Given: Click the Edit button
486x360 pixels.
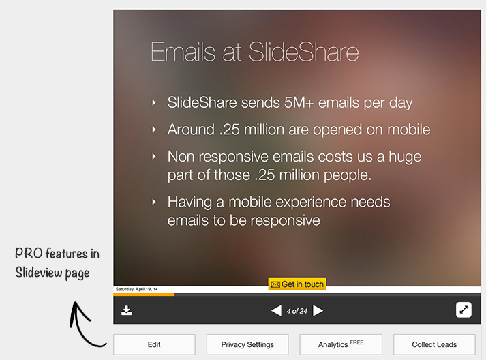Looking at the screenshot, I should (x=154, y=344).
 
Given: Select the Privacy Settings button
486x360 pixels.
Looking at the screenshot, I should (x=247, y=344).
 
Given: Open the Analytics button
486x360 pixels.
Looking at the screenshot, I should (x=340, y=344).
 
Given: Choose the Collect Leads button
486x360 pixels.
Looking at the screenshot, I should (x=434, y=344).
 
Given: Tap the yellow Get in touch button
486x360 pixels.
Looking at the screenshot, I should (x=297, y=284).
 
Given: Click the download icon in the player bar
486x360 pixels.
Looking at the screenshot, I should (x=127, y=311).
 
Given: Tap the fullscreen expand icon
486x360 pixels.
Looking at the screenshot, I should (x=464, y=310).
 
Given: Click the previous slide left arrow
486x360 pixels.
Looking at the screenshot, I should (x=276, y=311).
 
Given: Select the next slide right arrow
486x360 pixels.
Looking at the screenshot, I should (x=318, y=311).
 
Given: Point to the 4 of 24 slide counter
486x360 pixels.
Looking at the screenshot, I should (x=297, y=311).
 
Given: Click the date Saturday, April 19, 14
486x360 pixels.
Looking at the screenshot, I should (x=136, y=290).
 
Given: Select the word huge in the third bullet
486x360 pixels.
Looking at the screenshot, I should (x=406, y=156).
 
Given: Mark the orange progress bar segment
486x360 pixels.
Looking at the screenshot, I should (x=144, y=295).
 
